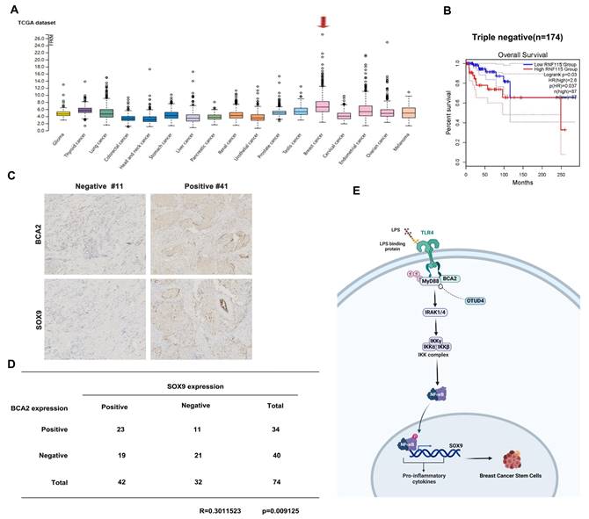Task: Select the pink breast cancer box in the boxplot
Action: coord(323,105)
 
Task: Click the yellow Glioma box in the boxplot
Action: coord(62,113)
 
